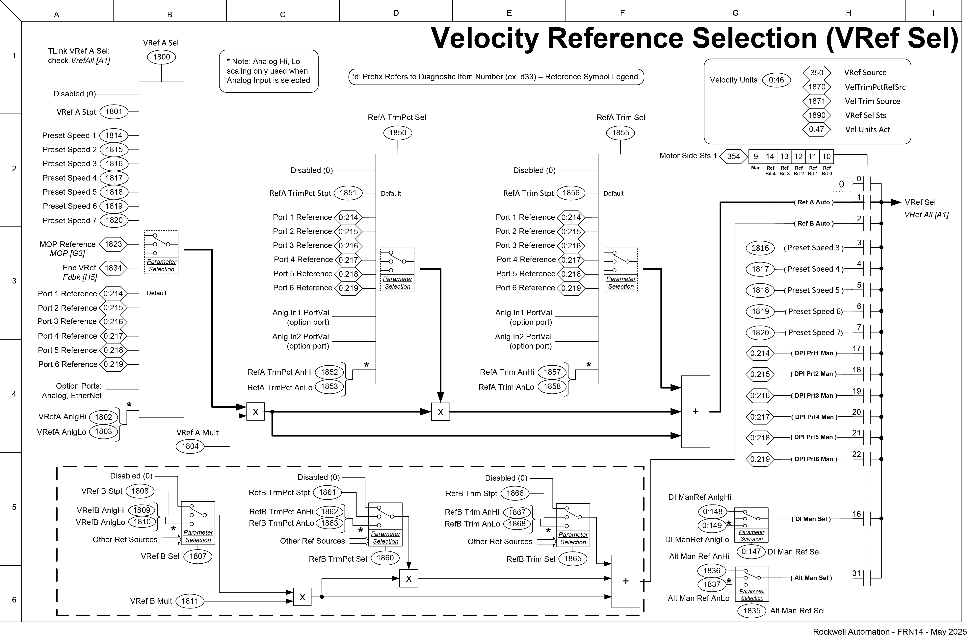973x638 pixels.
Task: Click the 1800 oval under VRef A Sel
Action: coord(162,57)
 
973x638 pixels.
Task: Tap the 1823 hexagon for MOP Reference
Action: coord(113,244)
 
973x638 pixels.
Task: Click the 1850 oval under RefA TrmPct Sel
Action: coord(397,133)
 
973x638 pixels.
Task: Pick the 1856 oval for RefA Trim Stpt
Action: coord(571,193)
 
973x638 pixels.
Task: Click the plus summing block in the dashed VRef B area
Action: coord(625,581)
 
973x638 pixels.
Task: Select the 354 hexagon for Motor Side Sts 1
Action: coord(733,156)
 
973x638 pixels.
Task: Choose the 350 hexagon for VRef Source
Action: coord(816,73)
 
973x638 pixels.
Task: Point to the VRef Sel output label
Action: coord(920,202)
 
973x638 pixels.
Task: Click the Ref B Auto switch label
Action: coord(814,224)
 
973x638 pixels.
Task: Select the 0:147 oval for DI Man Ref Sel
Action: coord(751,551)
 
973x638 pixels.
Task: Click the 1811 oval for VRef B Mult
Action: coord(190,601)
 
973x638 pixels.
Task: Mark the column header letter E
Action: coord(509,13)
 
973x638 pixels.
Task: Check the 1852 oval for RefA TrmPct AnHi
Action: coord(329,372)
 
